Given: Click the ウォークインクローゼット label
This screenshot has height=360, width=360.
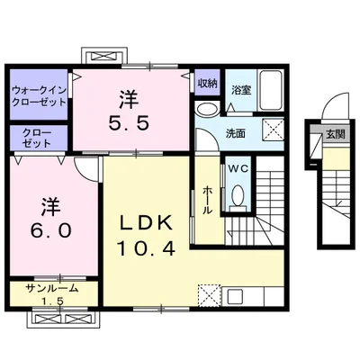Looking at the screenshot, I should [39, 94].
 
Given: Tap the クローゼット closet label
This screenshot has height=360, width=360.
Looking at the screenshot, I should [31, 137].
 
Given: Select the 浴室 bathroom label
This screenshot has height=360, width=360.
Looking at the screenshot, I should [240, 90].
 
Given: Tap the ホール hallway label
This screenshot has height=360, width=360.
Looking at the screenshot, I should [207, 197].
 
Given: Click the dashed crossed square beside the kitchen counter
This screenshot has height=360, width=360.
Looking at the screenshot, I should [209, 294].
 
